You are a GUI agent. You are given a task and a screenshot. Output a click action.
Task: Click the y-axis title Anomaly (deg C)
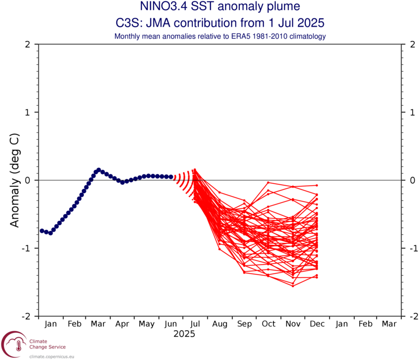coord(15,181)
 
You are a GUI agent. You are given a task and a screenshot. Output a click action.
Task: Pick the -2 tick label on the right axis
coord(411,316)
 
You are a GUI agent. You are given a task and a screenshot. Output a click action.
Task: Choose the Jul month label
coord(196,324)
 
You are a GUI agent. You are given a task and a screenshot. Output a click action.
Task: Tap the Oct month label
coord(269,324)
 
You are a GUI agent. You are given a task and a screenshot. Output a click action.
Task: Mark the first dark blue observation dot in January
coord(42,231)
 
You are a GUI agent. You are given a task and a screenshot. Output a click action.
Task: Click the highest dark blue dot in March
coord(98,170)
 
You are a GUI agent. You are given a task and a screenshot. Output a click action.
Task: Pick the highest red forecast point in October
coord(268,183)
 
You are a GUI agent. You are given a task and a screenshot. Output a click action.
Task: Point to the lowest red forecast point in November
coord(293,286)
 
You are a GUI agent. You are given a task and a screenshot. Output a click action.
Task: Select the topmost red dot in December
coord(317,185)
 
